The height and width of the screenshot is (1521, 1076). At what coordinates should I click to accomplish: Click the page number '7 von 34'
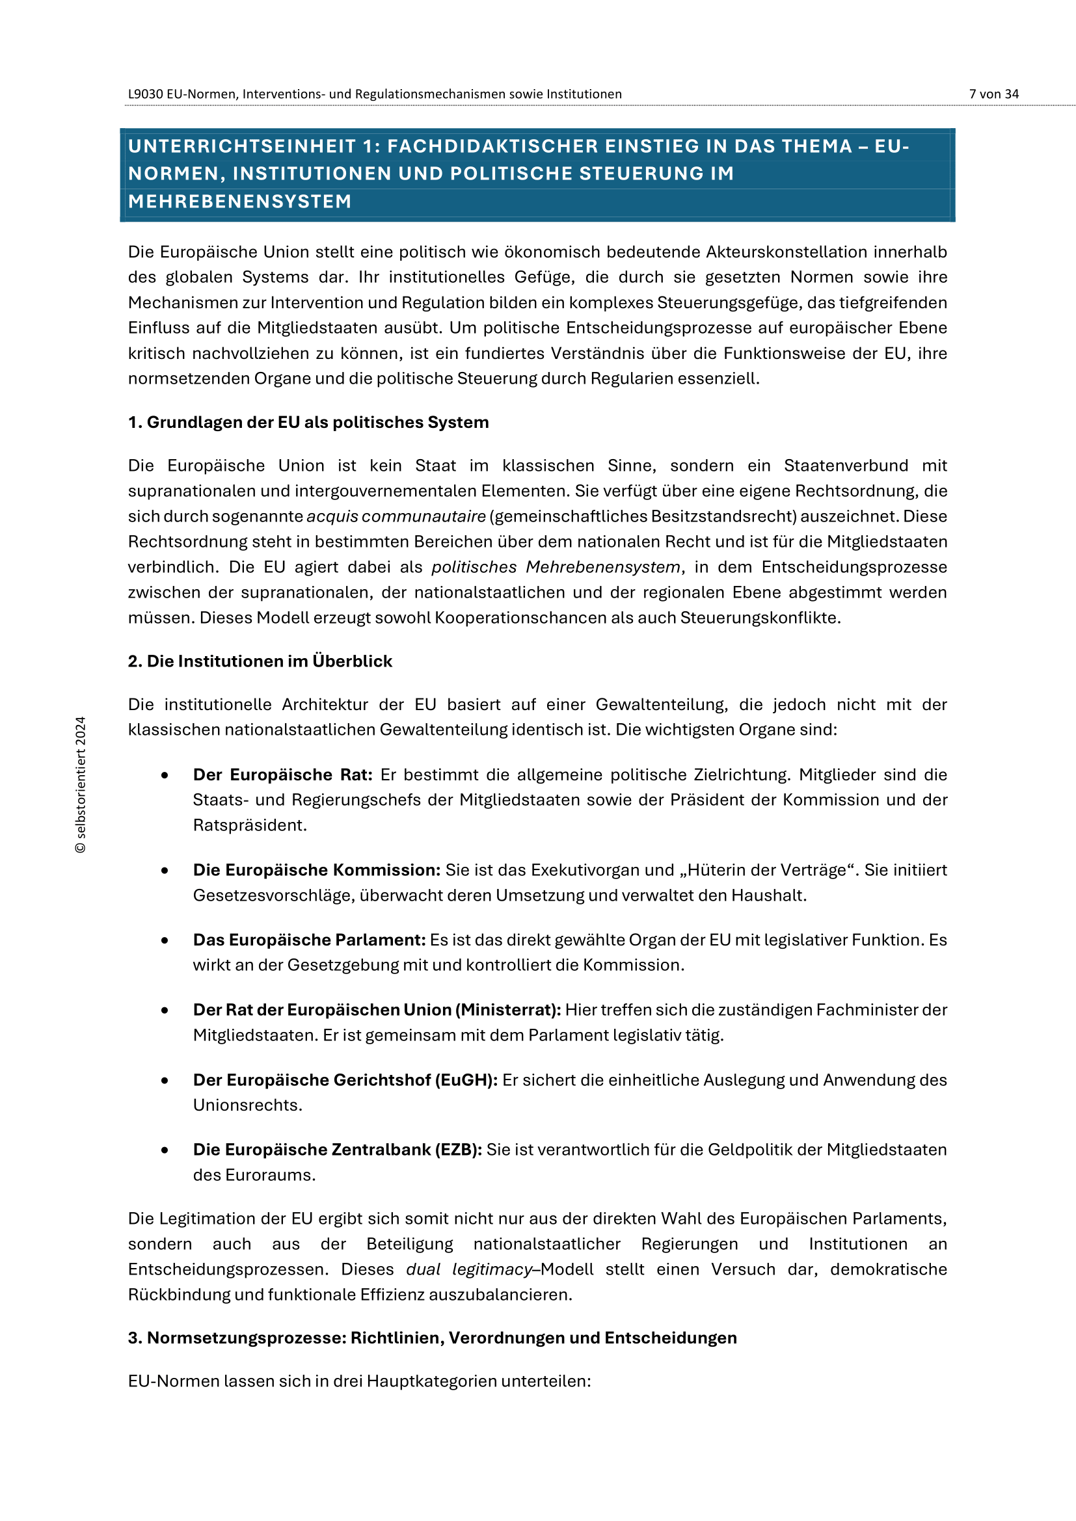[993, 94]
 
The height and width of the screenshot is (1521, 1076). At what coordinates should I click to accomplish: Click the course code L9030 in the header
[145, 94]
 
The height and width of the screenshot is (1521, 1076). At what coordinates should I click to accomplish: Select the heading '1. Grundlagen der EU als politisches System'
[308, 422]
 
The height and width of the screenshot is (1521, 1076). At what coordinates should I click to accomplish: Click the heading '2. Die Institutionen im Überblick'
[260, 661]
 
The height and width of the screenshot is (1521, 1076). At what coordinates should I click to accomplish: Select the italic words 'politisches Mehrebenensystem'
[555, 567]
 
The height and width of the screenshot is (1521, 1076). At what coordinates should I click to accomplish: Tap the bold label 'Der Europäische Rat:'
[283, 774]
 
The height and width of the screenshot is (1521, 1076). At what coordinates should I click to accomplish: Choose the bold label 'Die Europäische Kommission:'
[317, 870]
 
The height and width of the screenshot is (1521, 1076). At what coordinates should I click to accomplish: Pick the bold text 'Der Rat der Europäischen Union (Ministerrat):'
[376, 1010]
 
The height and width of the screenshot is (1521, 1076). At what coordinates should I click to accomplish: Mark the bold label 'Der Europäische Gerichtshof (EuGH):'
[345, 1080]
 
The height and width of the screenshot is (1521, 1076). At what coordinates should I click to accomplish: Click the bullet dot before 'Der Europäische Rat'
[165, 775]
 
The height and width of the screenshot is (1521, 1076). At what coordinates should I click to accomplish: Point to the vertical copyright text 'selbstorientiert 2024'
[81, 785]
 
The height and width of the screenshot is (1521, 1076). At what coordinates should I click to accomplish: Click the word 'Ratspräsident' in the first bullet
[249, 825]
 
